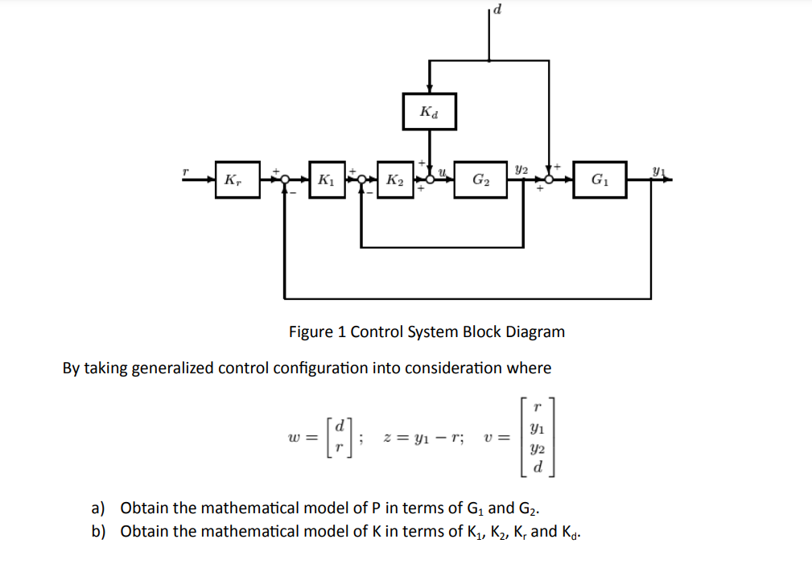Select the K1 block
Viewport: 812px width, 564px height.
point(326,179)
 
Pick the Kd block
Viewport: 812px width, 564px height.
point(430,111)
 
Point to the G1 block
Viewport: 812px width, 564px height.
point(600,179)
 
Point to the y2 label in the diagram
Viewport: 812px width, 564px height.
point(521,169)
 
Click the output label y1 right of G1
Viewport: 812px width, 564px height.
point(660,170)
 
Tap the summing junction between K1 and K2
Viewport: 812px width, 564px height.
point(362,179)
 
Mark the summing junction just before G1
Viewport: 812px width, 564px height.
point(550,179)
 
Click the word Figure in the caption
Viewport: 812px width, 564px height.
point(310,331)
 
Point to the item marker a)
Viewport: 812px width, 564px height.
point(98,508)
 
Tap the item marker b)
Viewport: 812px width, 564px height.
point(98,531)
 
